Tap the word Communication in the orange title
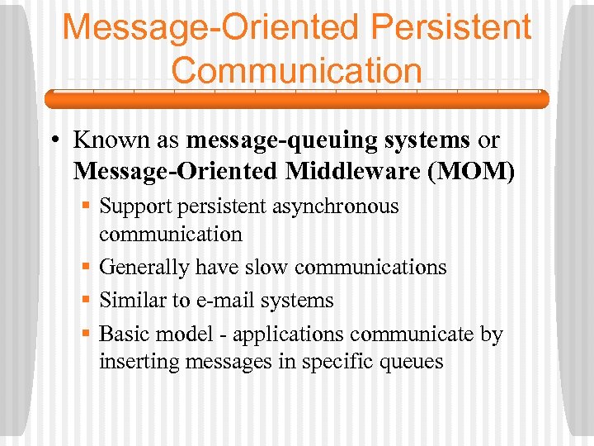(296, 70)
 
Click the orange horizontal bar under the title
(296, 100)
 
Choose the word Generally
(144, 267)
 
